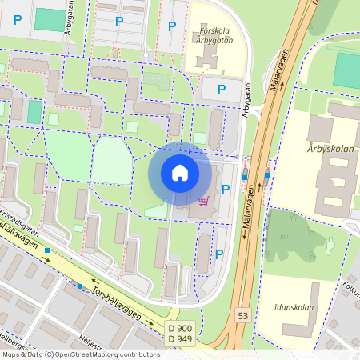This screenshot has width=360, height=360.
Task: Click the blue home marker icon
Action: [179, 173]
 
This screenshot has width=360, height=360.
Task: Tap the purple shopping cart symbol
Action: [203, 201]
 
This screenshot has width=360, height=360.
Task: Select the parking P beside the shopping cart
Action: [226, 190]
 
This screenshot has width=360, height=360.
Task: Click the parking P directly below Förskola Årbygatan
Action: [222, 90]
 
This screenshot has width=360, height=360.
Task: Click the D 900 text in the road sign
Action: [180, 329]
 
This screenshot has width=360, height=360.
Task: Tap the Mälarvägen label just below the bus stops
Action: [250, 206]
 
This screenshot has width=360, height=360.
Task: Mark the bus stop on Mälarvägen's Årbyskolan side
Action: [266, 174]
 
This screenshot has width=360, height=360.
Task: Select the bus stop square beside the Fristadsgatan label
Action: [48, 251]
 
